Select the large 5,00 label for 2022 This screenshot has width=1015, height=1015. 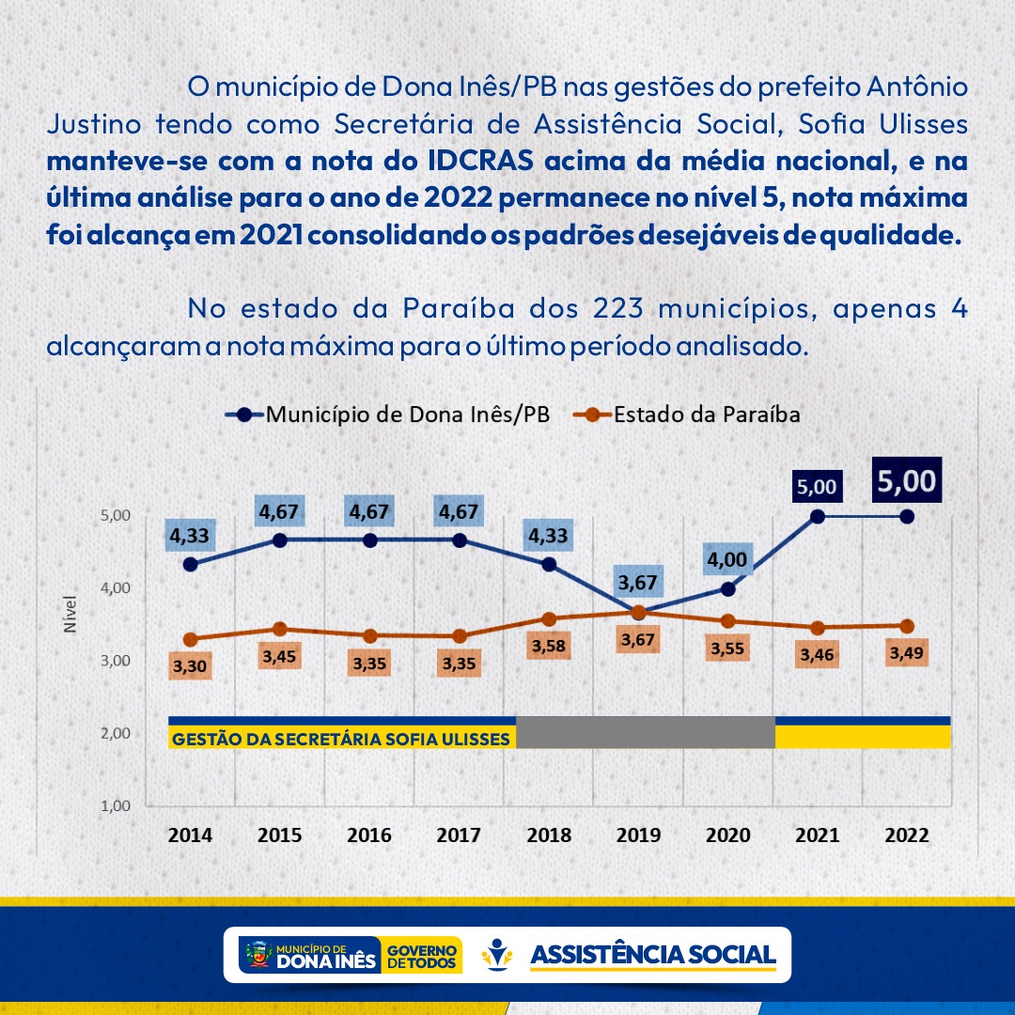coord(906,481)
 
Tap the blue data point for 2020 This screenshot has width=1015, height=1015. coord(727,589)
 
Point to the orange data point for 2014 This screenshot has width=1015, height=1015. coord(191,640)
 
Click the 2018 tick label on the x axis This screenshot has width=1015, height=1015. coord(549,835)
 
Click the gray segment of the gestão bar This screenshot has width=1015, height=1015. coord(646,732)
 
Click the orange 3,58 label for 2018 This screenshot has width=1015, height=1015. coord(549,647)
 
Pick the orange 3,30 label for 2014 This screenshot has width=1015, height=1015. coord(192,667)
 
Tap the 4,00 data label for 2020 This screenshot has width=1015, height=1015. coord(727,560)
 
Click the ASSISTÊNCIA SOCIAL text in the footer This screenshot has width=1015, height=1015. coord(654,955)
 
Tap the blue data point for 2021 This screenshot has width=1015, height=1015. coord(817,516)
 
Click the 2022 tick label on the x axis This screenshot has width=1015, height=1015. coord(906,835)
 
